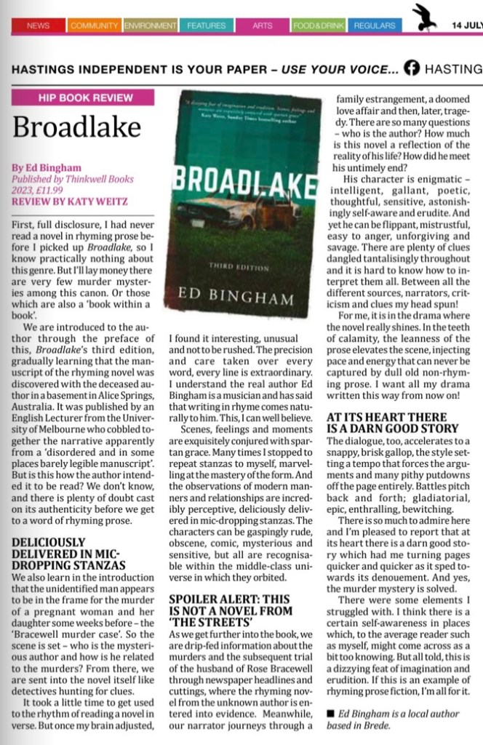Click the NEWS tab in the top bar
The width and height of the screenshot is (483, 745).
[x=38, y=25]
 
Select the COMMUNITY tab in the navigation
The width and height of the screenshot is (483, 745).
[x=94, y=25]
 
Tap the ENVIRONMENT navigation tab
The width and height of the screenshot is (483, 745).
[x=151, y=25]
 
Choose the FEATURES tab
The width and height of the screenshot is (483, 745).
[x=206, y=25]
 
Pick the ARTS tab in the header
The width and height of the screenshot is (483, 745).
[x=263, y=25]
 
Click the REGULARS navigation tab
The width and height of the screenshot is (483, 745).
[x=375, y=25]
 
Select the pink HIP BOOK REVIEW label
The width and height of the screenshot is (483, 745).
[x=82, y=97]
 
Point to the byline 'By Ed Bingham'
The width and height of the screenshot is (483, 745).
[x=42, y=167]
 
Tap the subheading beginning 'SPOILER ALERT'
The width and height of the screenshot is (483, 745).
[x=231, y=610]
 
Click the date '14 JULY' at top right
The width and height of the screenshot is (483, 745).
[x=466, y=25]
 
